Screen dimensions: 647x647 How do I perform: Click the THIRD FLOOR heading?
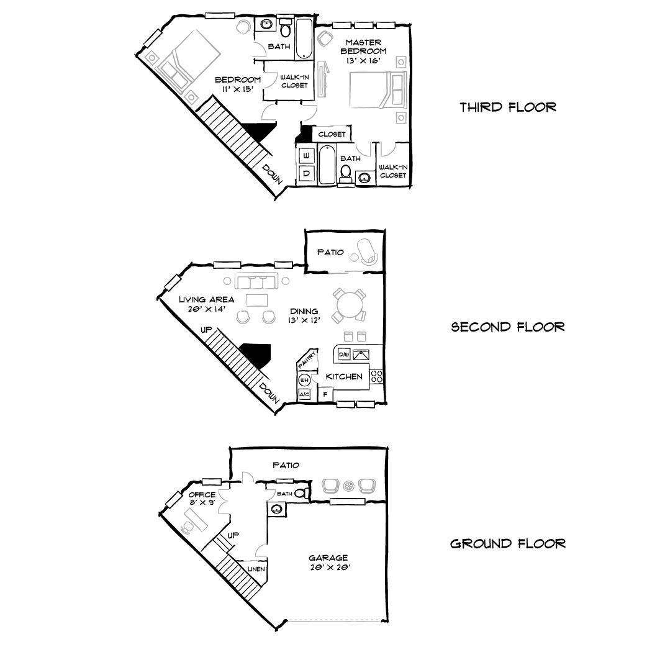(507, 107)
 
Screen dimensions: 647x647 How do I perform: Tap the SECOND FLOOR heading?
(507, 327)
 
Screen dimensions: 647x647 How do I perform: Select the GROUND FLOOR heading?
(507, 544)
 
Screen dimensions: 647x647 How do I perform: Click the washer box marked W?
(306, 155)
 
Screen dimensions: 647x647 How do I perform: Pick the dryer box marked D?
(306, 173)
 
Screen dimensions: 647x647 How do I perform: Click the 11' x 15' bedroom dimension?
(237, 89)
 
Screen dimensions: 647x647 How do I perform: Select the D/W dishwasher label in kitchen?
(344, 355)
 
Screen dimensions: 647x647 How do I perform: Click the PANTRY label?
(309, 360)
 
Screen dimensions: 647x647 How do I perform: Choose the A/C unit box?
(305, 394)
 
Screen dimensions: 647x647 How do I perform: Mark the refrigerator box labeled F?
(325, 394)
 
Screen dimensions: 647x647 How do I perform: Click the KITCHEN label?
(344, 377)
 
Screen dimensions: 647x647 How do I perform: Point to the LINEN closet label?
(257, 569)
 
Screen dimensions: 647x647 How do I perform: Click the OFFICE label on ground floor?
(202, 495)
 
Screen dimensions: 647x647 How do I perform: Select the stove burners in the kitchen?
(376, 376)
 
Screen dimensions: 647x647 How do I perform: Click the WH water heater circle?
(305, 379)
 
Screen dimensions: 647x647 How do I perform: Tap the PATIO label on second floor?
(330, 253)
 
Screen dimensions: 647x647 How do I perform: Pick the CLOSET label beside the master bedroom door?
(332, 134)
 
